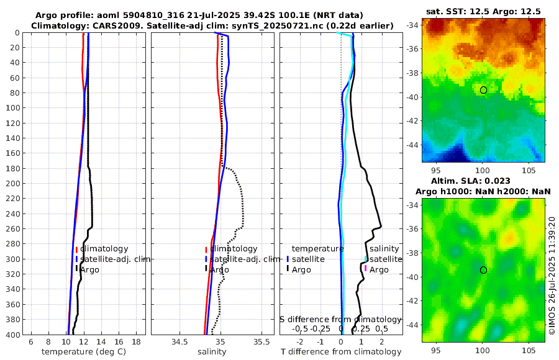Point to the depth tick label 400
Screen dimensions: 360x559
13,335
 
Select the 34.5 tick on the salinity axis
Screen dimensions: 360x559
180,342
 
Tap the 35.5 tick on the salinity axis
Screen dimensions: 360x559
261,342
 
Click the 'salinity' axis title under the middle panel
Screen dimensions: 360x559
212,352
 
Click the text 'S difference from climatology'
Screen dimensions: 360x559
341,319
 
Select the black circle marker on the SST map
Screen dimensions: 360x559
483,90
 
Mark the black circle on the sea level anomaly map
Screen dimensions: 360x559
483,270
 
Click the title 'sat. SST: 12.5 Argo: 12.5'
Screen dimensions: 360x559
483,12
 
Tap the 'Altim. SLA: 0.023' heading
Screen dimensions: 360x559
483,181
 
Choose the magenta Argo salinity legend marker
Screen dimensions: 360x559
366,269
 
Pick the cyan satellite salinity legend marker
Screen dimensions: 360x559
366,259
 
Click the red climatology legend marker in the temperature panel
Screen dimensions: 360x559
76,249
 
